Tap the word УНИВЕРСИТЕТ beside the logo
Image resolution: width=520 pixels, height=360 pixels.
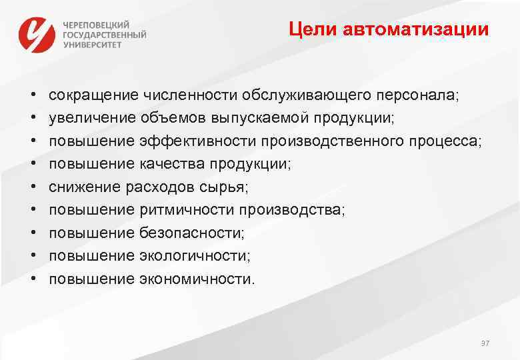click(93, 45)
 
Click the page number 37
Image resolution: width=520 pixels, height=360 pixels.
click(485, 343)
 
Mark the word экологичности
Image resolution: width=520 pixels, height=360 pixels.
click(194, 256)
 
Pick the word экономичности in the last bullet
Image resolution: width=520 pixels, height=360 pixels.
click(196, 279)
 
